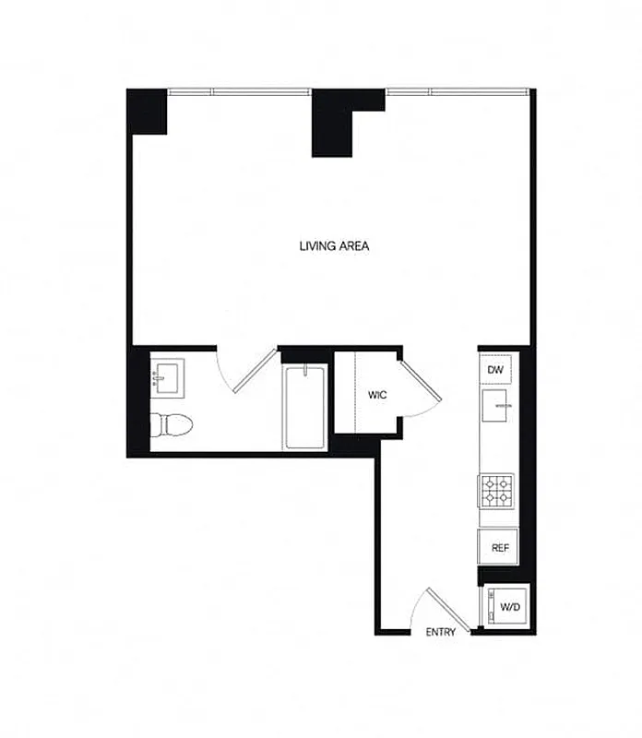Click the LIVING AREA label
click(x=334, y=246)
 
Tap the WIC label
click(x=376, y=395)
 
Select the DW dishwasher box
click(x=495, y=370)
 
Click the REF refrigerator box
click(x=499, y=547)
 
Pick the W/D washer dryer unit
click(x=505, y=608)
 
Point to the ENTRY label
click(x=440, y=633)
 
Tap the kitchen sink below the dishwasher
click(x=498, y=406)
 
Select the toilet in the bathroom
click(x=171, y=425)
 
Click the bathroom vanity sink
click(x=168, y=376)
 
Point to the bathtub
click(x=303, y=407)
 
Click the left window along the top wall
click(x=240, y=90)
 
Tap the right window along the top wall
click(x=457, y=90)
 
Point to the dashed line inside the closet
click(x=356, y=391)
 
